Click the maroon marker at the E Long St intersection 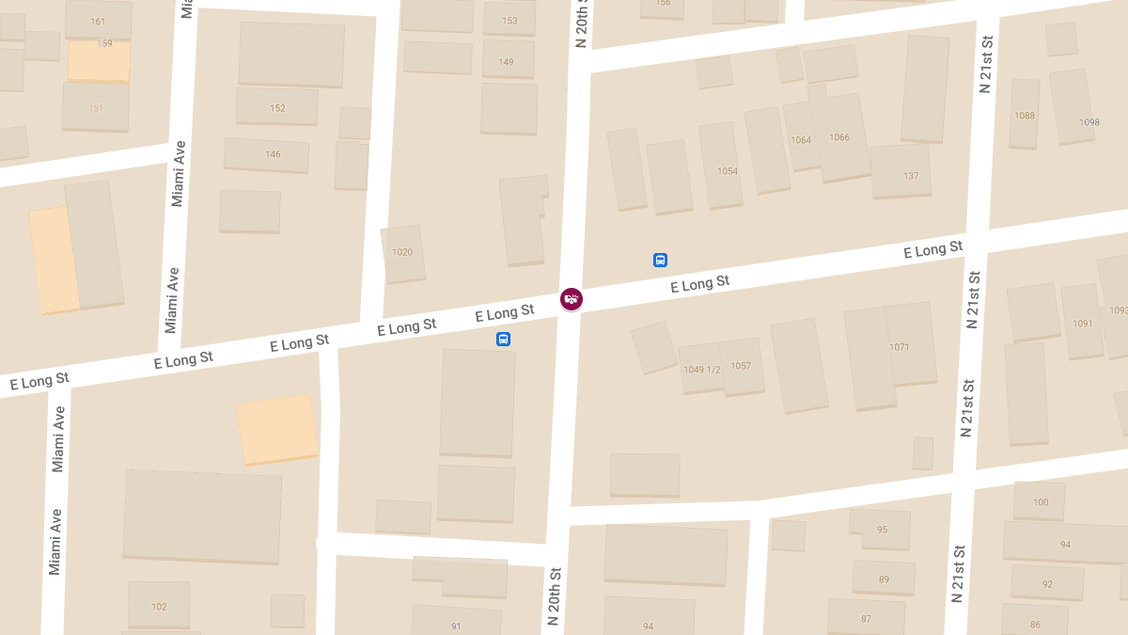pos(571,299)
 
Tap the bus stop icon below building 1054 pos(660,260)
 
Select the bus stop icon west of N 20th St pos(504,339)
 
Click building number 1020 pos(402,252)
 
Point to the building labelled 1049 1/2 pos(701,370)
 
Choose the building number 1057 pos(741,366)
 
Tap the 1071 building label pos(900,347)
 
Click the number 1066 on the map pos(839,137)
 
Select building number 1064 pos(801,140)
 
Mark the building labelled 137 pos(911,176)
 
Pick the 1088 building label pos(1025,116)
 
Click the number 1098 pos(1089,122)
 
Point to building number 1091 pos(1083,324)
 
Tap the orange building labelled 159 pos(104,44)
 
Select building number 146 pos(273,154)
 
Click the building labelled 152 pos(277,108)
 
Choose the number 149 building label pos(507,62)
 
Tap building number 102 pos(159,607)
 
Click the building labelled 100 pos(1041,502)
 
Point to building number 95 pos(882,530)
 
